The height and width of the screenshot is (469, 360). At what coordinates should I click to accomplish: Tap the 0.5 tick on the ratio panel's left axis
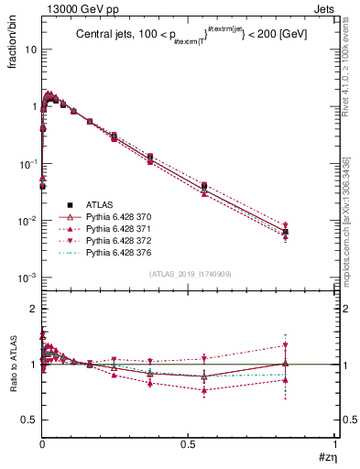coord(29,420)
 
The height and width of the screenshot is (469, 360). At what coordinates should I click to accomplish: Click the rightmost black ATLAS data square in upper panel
coord(286,232)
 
